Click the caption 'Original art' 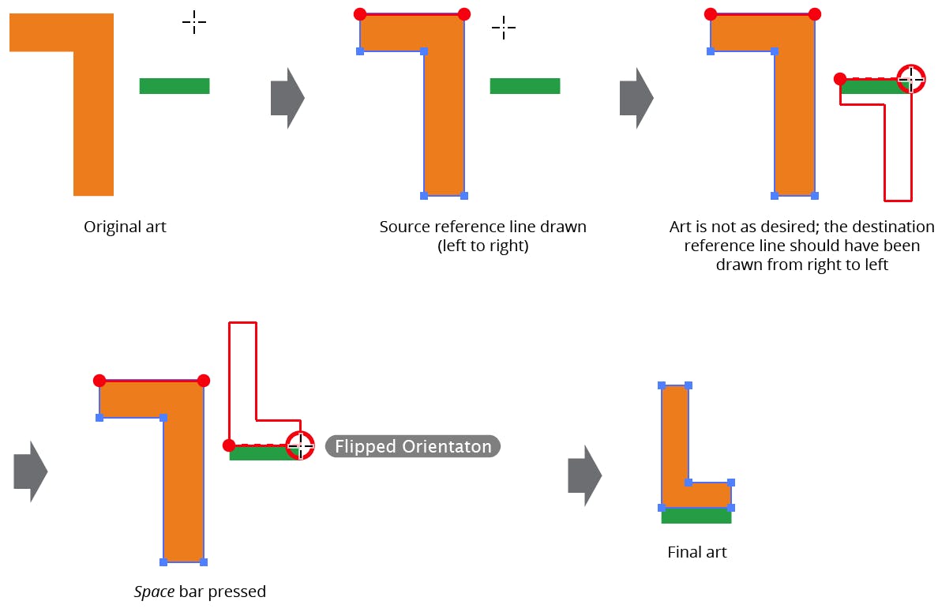125,227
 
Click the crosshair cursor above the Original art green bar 193,23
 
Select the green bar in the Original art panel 174,86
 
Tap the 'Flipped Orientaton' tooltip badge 413,447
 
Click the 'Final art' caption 696,552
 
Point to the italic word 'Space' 154,592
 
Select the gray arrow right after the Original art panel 287,98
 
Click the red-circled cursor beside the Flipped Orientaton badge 300,445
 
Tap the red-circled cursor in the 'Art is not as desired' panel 910,79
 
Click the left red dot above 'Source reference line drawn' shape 360,13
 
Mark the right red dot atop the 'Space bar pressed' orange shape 204,381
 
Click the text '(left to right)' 482,246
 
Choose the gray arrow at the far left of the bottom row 31,471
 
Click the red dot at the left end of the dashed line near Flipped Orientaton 229,445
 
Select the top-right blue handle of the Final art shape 688,385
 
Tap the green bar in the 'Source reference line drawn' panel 525,86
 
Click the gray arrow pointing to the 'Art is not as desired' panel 636,98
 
